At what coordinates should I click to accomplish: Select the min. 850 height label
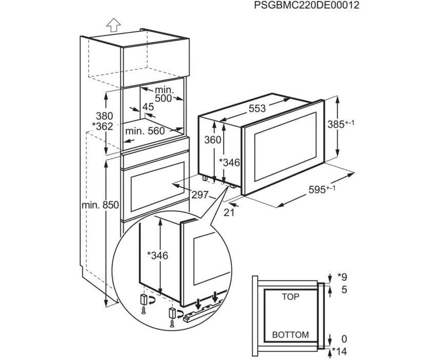point(100,205)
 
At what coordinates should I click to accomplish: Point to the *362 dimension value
point(103,126)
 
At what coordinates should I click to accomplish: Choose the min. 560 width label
point(145,131)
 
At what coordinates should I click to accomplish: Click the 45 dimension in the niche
point(148,107)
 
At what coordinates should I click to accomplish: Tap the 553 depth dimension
point(257,108)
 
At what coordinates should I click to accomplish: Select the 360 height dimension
point(212,140)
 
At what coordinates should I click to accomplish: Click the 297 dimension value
point(200,195)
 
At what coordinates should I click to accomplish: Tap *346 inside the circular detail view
point(157,255)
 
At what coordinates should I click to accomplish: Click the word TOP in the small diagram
point(290,296)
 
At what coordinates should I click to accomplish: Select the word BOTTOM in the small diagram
point(290,335)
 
